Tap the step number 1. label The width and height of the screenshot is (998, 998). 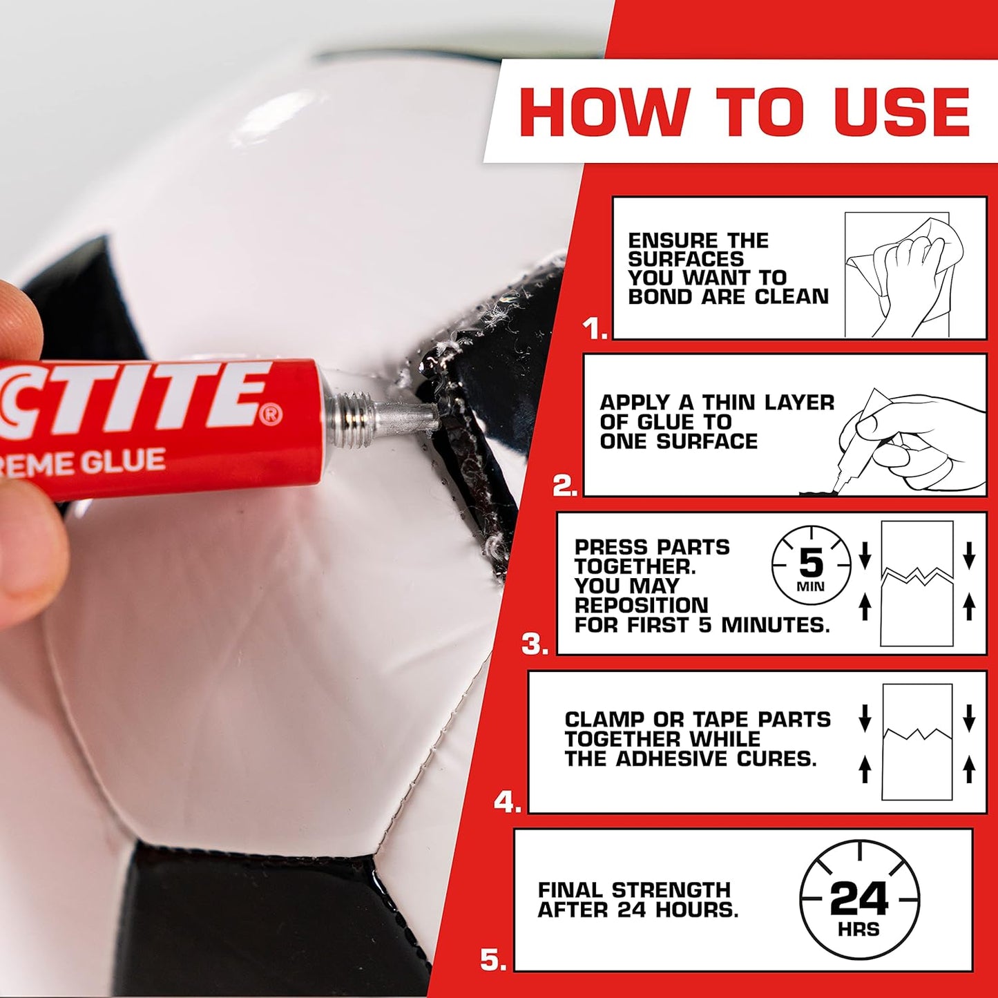coord(595,328)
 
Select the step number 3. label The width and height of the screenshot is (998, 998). coord(535,644)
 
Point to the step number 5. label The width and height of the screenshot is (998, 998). coord(493,959)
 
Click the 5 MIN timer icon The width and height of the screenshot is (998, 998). coord(811,566)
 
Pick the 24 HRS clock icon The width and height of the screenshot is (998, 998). coord(859,900)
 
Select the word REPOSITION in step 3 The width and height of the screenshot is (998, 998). coord(641,606)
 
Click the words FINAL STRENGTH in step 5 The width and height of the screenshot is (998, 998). coord(634,890)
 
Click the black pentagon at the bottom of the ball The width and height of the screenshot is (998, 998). coord(262,919)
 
